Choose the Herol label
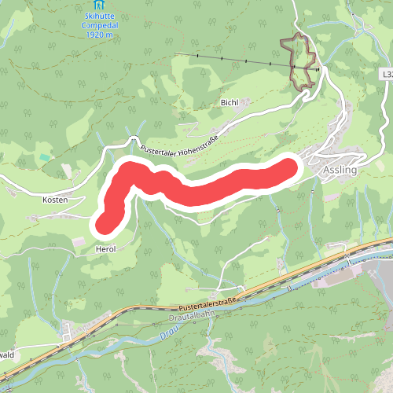[105, 248]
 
